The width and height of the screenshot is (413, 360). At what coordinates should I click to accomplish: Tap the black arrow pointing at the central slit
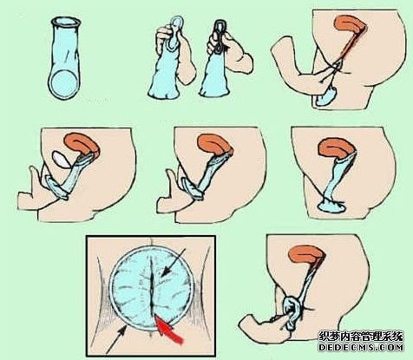click(x=173, y=263)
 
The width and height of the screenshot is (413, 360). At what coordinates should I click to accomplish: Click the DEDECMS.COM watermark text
click(x=361, y=347)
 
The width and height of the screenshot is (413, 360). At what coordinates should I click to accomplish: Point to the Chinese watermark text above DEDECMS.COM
click(x=361, y=336)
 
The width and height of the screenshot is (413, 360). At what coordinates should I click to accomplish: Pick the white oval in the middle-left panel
click(x=61, y=160)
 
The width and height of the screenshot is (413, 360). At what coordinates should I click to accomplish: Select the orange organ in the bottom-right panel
click(x=307, y=255)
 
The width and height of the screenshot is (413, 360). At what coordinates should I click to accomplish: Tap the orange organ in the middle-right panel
click(x=336, y=148)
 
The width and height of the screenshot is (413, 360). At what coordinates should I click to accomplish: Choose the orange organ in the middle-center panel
click(x=215, y=144)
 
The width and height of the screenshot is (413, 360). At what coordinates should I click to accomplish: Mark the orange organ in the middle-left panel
click(x=82, y=143)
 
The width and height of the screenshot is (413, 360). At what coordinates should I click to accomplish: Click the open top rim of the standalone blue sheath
click(x=65, y=23)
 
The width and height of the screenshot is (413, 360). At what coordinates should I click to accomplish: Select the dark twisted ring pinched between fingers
click(x=220, y=36)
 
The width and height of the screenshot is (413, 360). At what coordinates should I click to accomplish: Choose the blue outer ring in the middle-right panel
click(x=331, y=205)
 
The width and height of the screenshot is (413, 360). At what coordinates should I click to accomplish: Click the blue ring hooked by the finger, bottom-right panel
click(x=292, y=313)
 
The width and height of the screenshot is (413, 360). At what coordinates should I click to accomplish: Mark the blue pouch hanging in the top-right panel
click(x=325, y=97)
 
